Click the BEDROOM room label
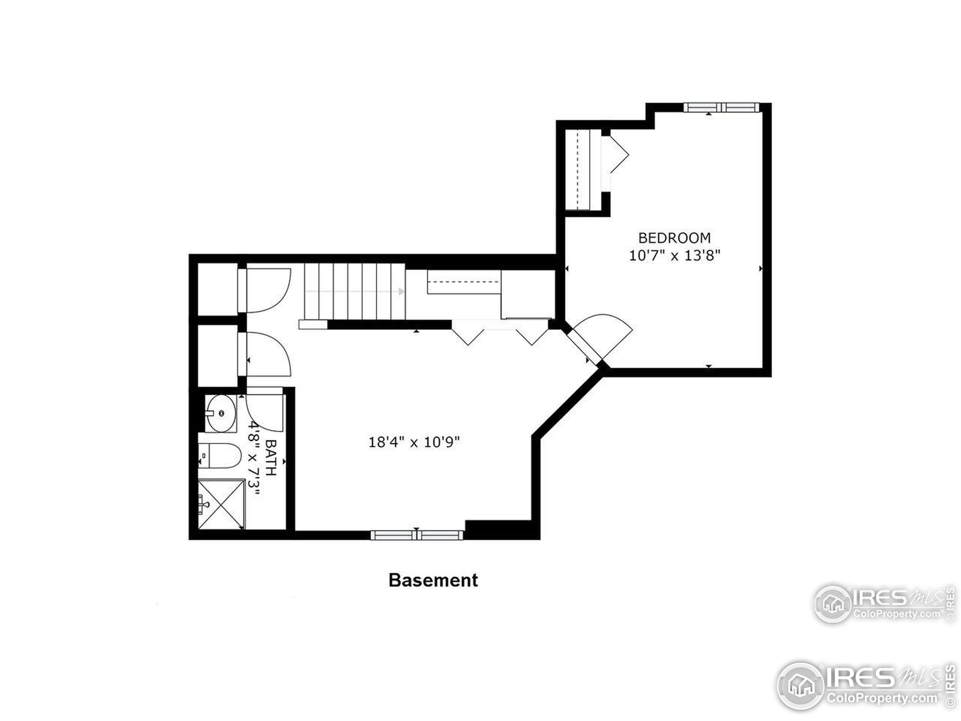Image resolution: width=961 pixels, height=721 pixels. coord(674,238)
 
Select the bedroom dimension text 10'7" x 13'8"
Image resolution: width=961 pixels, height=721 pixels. coord(674,255)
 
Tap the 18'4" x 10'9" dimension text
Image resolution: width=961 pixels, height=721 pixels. coord(414,442)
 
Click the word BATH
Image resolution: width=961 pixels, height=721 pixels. coord(271,458)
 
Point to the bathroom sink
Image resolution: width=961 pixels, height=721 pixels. coord(221,413)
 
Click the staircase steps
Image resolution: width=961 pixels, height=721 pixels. coord(354,291)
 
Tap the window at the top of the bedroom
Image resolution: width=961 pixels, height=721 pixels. coord(721,107)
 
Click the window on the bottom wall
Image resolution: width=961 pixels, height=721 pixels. coord(417,535)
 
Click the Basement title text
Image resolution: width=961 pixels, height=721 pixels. coord(433,580)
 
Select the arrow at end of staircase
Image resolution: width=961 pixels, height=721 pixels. coord(401,291)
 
